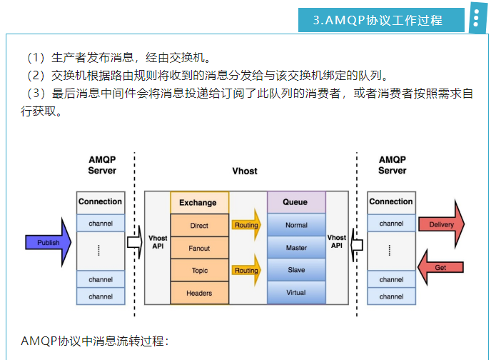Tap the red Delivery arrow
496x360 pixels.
(441, 225)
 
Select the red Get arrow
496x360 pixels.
(441, 266)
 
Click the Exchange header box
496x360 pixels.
(199, 202)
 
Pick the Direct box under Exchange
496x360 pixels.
(199, 226)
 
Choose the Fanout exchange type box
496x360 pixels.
(199, 249)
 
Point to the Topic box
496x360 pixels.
(199, 271)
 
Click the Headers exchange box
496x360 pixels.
(199, 294)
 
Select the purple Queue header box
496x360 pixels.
(295, 202)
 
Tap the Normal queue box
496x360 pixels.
(295, 225)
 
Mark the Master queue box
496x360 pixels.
(295, 248)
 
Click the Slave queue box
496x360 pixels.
(295, 270)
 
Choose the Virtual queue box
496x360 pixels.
(295, 293)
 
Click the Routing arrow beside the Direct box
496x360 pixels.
(247, 225)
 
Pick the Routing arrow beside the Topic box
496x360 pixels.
(247, 271)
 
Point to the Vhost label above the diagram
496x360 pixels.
(245, 171)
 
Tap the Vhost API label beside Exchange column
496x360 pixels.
(157, 241)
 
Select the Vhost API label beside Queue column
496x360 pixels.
(337, 241)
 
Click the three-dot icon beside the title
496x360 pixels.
(476, 19)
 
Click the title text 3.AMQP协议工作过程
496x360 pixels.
(378, 20)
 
